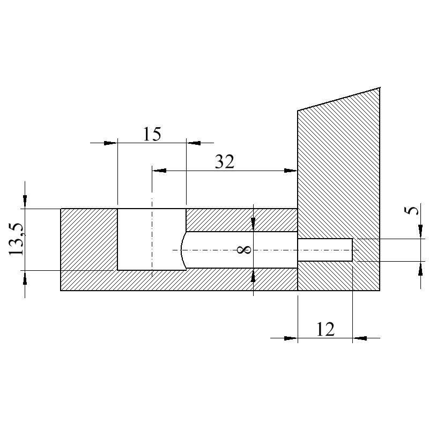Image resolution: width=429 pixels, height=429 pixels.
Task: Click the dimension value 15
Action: click(x=152, y=134)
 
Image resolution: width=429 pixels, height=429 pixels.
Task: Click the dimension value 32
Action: click(x=225, y=161)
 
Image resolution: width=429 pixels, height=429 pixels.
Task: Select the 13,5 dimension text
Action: click(x=17, y=239)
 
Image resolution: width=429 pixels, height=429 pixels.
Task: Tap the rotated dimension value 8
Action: click(x=244, y=249)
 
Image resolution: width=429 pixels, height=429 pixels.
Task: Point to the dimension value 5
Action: click(x=412, y=210)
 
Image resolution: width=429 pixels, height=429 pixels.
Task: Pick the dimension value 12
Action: click(x=325, y=329)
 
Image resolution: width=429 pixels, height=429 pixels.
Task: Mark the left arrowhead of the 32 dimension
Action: click(x=159, y=171)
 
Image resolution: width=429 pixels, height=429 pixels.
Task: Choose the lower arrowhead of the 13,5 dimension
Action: click(x=25, y=277)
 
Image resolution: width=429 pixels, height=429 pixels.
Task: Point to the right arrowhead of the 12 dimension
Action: click(x=359, y=338)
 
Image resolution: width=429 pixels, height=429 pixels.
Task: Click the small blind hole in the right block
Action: click(x=325, y=250)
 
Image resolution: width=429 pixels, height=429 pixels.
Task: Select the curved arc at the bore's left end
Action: click(x=182, y=250)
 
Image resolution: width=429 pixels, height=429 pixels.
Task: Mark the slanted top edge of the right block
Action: click(x=339, y=99)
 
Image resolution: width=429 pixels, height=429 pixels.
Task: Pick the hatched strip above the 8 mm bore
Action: click(x=241, y=220)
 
